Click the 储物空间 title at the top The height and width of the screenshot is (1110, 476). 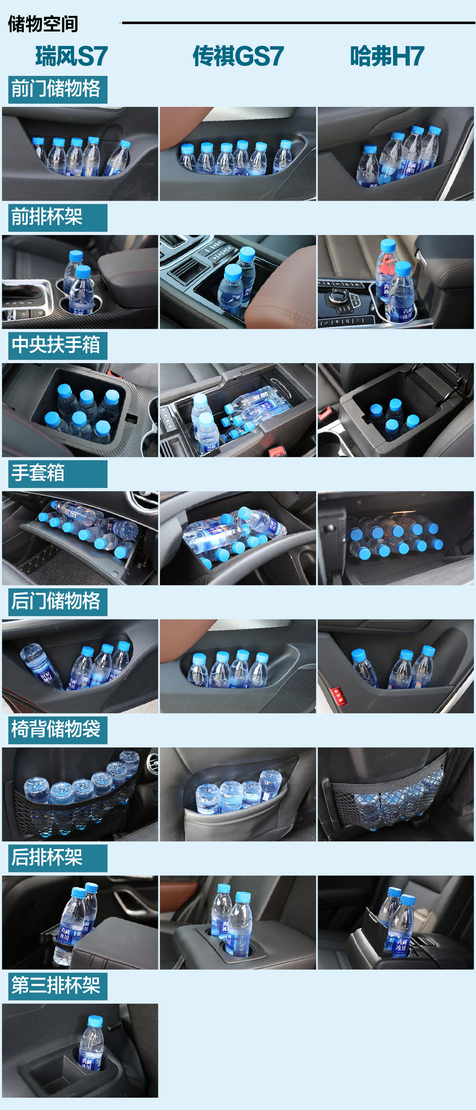tap(43, 24)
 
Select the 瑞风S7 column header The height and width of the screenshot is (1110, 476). tap(71, 56)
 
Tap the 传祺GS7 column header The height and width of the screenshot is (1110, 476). tap(238, 56)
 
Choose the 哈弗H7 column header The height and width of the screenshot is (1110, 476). tap(387, 56)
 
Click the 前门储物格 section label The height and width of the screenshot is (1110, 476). tap(56, 89)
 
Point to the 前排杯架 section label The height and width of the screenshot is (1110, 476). tap(46, 217)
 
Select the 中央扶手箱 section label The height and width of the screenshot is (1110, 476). tap(56, 345)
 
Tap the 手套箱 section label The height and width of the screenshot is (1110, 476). tap(38, 473)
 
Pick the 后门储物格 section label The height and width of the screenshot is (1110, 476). tap(56, 601)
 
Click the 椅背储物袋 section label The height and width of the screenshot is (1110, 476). tap(56, 729)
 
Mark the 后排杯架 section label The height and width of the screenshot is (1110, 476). tap(46, 857)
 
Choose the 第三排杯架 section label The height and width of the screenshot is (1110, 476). tap(56, 985)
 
